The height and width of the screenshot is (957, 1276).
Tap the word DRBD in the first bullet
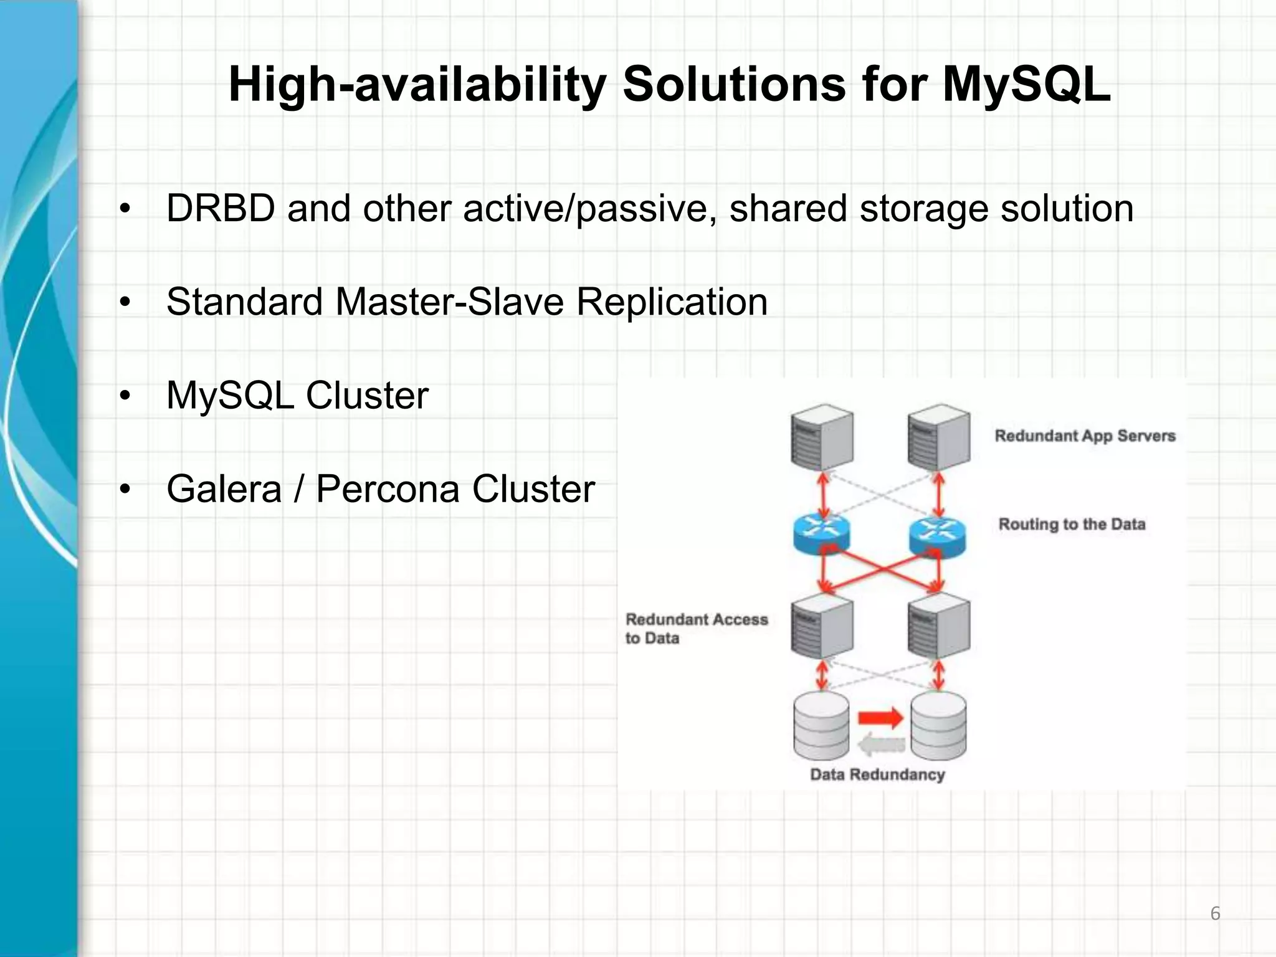[221, 208]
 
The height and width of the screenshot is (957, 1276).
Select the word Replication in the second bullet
[672, 302]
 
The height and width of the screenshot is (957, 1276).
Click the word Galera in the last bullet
[224, 489]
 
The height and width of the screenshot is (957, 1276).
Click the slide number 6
[1215, 914]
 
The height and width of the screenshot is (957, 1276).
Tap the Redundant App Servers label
[1085, 436]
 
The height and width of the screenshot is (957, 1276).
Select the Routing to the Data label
[1072, 524]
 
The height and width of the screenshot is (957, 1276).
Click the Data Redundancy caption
[877, 774]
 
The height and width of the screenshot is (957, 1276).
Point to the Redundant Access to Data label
[696, 628]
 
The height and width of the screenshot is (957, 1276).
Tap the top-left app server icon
[822, 437]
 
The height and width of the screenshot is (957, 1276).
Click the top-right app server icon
[939, 437]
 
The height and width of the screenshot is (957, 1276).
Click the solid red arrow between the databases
[880, 718]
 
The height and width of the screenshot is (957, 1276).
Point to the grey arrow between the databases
[881, 744]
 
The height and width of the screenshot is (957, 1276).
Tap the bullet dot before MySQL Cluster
[125, 396]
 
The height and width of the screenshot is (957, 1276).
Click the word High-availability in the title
[417, 85]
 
